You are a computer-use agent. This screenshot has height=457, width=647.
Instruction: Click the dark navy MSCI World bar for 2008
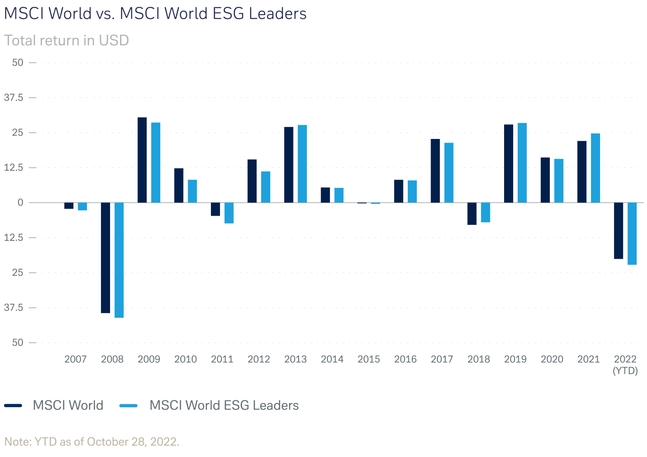point(105,258)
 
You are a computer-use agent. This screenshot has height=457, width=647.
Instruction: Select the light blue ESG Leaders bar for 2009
point(156,163)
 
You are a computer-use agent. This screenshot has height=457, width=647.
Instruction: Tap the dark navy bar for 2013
point(289,165)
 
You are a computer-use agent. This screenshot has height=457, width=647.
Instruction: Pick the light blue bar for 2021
point(595,168)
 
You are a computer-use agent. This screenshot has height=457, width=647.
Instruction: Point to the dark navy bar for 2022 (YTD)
point(618,231)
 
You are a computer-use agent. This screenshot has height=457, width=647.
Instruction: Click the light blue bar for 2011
point(229,213)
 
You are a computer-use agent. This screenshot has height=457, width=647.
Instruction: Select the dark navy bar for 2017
point(435,171)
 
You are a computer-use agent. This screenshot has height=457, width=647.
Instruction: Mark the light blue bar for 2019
point(522,163)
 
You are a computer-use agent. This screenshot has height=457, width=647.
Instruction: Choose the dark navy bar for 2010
point(179,186)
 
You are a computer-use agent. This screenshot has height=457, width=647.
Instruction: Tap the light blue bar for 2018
point(485,213)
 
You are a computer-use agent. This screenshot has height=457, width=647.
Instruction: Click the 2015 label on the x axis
point(368,359)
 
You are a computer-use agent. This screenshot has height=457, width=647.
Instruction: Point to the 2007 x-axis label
point(75,359)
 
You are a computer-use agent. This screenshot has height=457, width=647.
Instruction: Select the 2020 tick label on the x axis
point(552,359)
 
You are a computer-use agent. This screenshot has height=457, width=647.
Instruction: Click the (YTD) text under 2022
point(625,371)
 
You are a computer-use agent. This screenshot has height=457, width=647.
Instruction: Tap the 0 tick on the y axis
point(20,202)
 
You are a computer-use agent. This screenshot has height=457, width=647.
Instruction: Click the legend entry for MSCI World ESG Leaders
point(224,405)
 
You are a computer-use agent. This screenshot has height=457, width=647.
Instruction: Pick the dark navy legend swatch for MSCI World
point(13,405)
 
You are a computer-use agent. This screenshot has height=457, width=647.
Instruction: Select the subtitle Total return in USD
point(67,40)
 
